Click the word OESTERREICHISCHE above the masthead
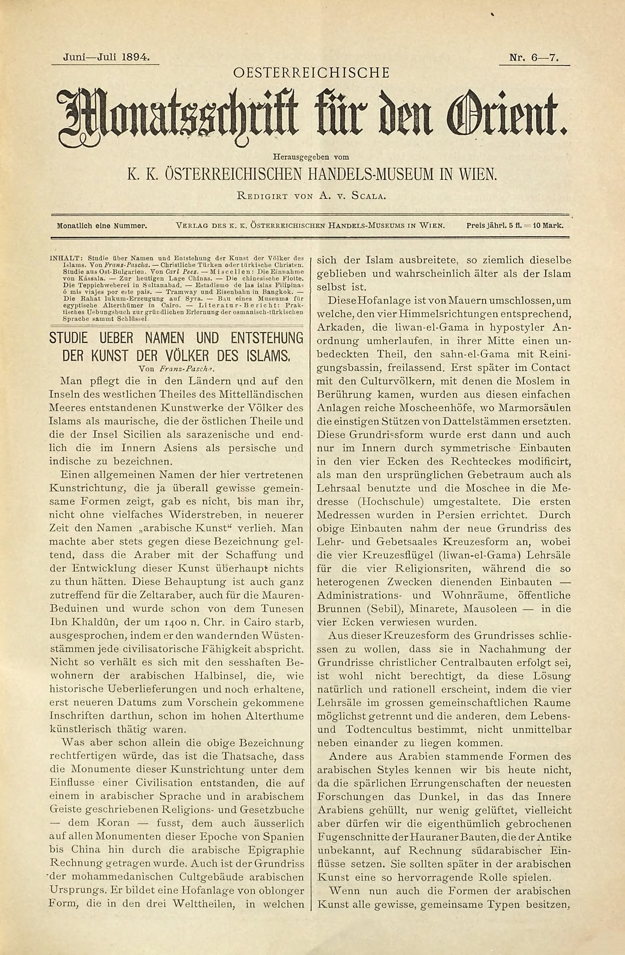pos(311,73)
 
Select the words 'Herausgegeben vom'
pos(311,157)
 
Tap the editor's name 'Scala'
pos(368,195)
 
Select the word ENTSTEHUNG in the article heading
pos(260,338)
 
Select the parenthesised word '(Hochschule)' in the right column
pos(394,502)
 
